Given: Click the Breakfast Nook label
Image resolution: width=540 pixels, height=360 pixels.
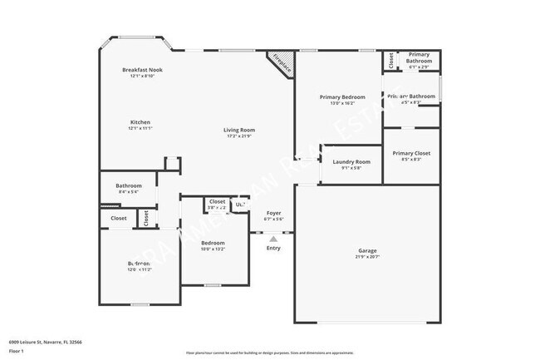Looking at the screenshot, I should [142, 69].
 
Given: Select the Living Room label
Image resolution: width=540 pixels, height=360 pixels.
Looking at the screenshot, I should [238, 130].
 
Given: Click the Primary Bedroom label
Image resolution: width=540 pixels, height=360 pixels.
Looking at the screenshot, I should [342, 97].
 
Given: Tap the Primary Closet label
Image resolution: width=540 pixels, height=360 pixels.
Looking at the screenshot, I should [411, 153].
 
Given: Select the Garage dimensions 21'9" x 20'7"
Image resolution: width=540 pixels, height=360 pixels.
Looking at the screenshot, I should [367, 256].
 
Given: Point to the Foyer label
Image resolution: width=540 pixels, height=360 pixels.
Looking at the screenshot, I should [273, 213].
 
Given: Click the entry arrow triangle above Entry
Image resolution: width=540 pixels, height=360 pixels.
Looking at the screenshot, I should [273, 239].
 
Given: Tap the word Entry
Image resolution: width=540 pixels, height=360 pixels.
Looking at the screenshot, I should [273, 248].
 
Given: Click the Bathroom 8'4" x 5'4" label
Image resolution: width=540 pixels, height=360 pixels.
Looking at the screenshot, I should [129, 185].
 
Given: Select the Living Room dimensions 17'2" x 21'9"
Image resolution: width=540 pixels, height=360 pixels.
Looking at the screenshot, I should [238, 136].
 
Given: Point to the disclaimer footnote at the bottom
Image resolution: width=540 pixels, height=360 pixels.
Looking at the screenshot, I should [269, 353].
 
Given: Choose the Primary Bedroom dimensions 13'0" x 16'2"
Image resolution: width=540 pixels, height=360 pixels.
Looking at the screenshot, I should [342, 104].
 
